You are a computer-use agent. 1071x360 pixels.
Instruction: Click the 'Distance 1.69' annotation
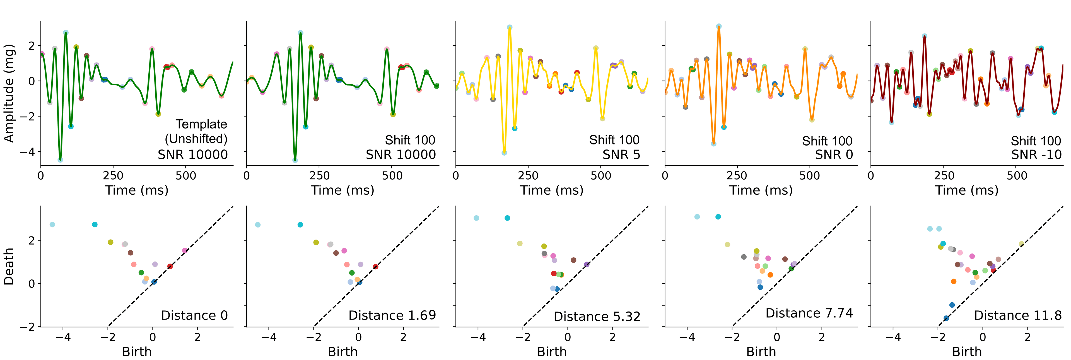[392, 315]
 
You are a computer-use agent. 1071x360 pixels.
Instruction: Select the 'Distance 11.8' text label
[1018, 315]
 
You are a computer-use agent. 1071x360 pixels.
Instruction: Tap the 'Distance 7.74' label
[809, 313]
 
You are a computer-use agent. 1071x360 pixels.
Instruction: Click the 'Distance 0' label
[194, 315]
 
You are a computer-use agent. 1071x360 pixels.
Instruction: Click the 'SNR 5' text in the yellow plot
[621, 155]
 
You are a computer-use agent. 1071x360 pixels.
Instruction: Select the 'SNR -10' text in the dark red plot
[1036, 155]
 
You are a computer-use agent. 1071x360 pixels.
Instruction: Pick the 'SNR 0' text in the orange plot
[834, 155]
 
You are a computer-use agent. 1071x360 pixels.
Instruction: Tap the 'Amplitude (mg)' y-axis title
[9, 93]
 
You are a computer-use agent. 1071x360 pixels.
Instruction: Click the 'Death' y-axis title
[9, 267]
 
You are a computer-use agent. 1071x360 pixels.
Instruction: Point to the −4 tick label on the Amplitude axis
[27, 152]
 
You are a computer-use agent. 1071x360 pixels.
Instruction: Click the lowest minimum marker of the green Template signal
[60, 160]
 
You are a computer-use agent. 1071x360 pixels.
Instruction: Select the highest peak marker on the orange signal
[718, 26]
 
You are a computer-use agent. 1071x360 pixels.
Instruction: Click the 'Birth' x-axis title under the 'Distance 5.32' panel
[552, 352]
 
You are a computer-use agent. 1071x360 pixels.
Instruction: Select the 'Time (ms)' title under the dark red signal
[967, 190]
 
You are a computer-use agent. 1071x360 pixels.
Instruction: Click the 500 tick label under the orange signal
[809, 175]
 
